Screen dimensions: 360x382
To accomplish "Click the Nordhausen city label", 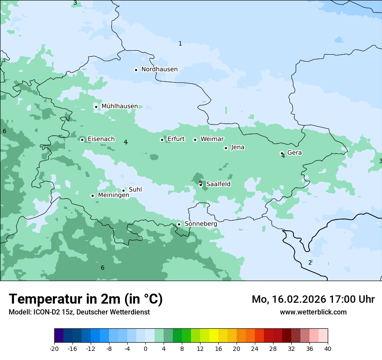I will (159, 69).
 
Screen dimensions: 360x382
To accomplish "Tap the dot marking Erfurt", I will (162, 140).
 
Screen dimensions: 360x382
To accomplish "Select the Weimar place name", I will (212, 139).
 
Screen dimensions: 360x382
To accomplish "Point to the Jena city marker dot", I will (226, 148).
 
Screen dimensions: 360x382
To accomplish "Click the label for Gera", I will (294, 153).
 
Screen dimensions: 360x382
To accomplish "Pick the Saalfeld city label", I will (218, 184).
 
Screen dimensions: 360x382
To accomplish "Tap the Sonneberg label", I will (201, 224).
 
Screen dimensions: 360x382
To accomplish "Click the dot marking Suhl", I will (123, 190).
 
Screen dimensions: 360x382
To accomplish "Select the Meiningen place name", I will (113, 196).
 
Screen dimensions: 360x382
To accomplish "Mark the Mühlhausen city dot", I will (96, 107).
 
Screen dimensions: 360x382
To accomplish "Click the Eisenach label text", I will (101, 139).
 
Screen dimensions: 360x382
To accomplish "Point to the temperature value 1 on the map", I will (180, 43).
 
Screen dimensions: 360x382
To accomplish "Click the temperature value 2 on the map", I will (310, 262).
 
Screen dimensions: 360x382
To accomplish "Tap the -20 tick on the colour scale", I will (54, 349).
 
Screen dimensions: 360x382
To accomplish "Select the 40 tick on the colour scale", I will (327, 349).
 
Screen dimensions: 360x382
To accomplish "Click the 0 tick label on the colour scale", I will (145, 349).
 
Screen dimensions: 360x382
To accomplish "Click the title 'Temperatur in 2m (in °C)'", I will (86, 299).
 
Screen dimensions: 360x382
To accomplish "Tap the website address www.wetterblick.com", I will (313, 312).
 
